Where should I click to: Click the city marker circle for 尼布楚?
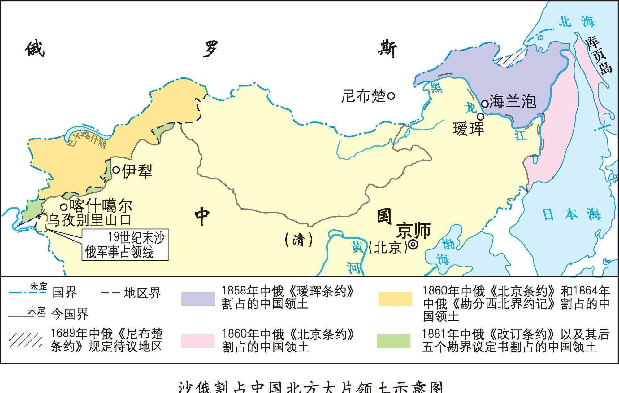click(391, 96)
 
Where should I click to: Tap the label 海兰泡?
click(513, 101)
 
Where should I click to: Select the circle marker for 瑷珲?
click(480, 117)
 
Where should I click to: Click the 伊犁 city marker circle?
click(116, 170)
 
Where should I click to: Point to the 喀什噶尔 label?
click(101, 206)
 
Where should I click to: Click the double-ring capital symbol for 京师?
click(413, 245)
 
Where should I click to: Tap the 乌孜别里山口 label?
click(89, 220)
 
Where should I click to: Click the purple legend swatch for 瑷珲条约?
click(198, 298)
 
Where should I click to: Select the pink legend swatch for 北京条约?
click(198, 341)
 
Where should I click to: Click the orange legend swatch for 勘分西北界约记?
click(395, 298)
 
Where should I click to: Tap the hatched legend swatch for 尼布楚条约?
click(25, 340)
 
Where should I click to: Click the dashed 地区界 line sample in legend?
click(110, 293)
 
